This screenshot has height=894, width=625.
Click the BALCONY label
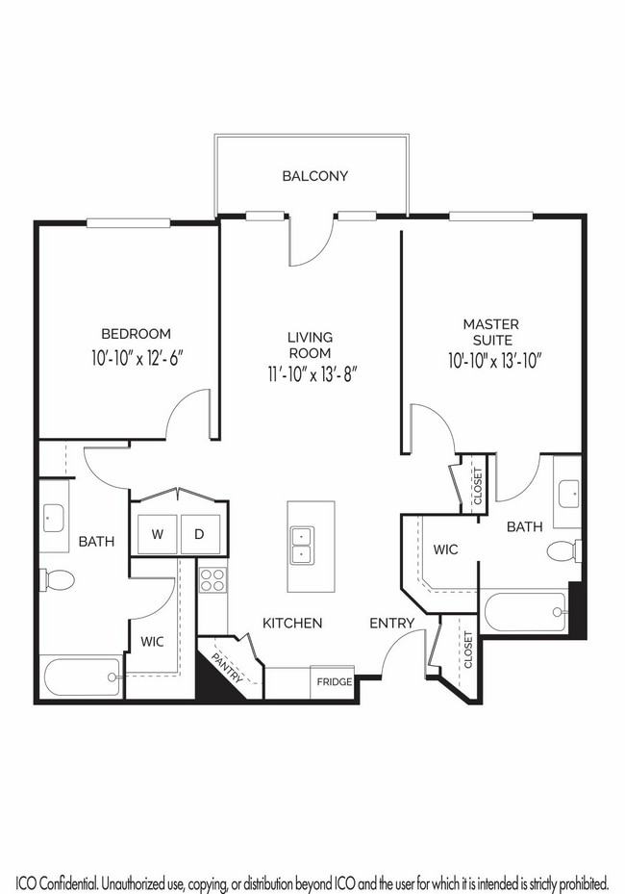314,175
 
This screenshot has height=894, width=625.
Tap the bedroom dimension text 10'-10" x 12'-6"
137,358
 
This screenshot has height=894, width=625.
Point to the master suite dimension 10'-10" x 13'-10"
494,361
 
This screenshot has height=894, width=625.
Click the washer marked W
158,534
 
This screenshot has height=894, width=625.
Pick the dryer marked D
200,534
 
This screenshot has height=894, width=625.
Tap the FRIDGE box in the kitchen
334,682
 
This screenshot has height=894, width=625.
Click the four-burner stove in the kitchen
212,580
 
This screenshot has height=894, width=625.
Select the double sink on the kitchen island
301,546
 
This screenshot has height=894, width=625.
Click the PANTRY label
227,667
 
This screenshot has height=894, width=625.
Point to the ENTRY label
392,624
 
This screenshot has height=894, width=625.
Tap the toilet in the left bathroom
57,580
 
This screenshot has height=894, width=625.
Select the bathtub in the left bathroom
82,677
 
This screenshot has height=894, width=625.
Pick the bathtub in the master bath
525,612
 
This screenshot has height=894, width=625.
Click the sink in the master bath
568,494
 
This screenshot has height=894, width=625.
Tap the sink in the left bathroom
54,517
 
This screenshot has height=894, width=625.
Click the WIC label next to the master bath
445,549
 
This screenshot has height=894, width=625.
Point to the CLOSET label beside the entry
468,650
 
